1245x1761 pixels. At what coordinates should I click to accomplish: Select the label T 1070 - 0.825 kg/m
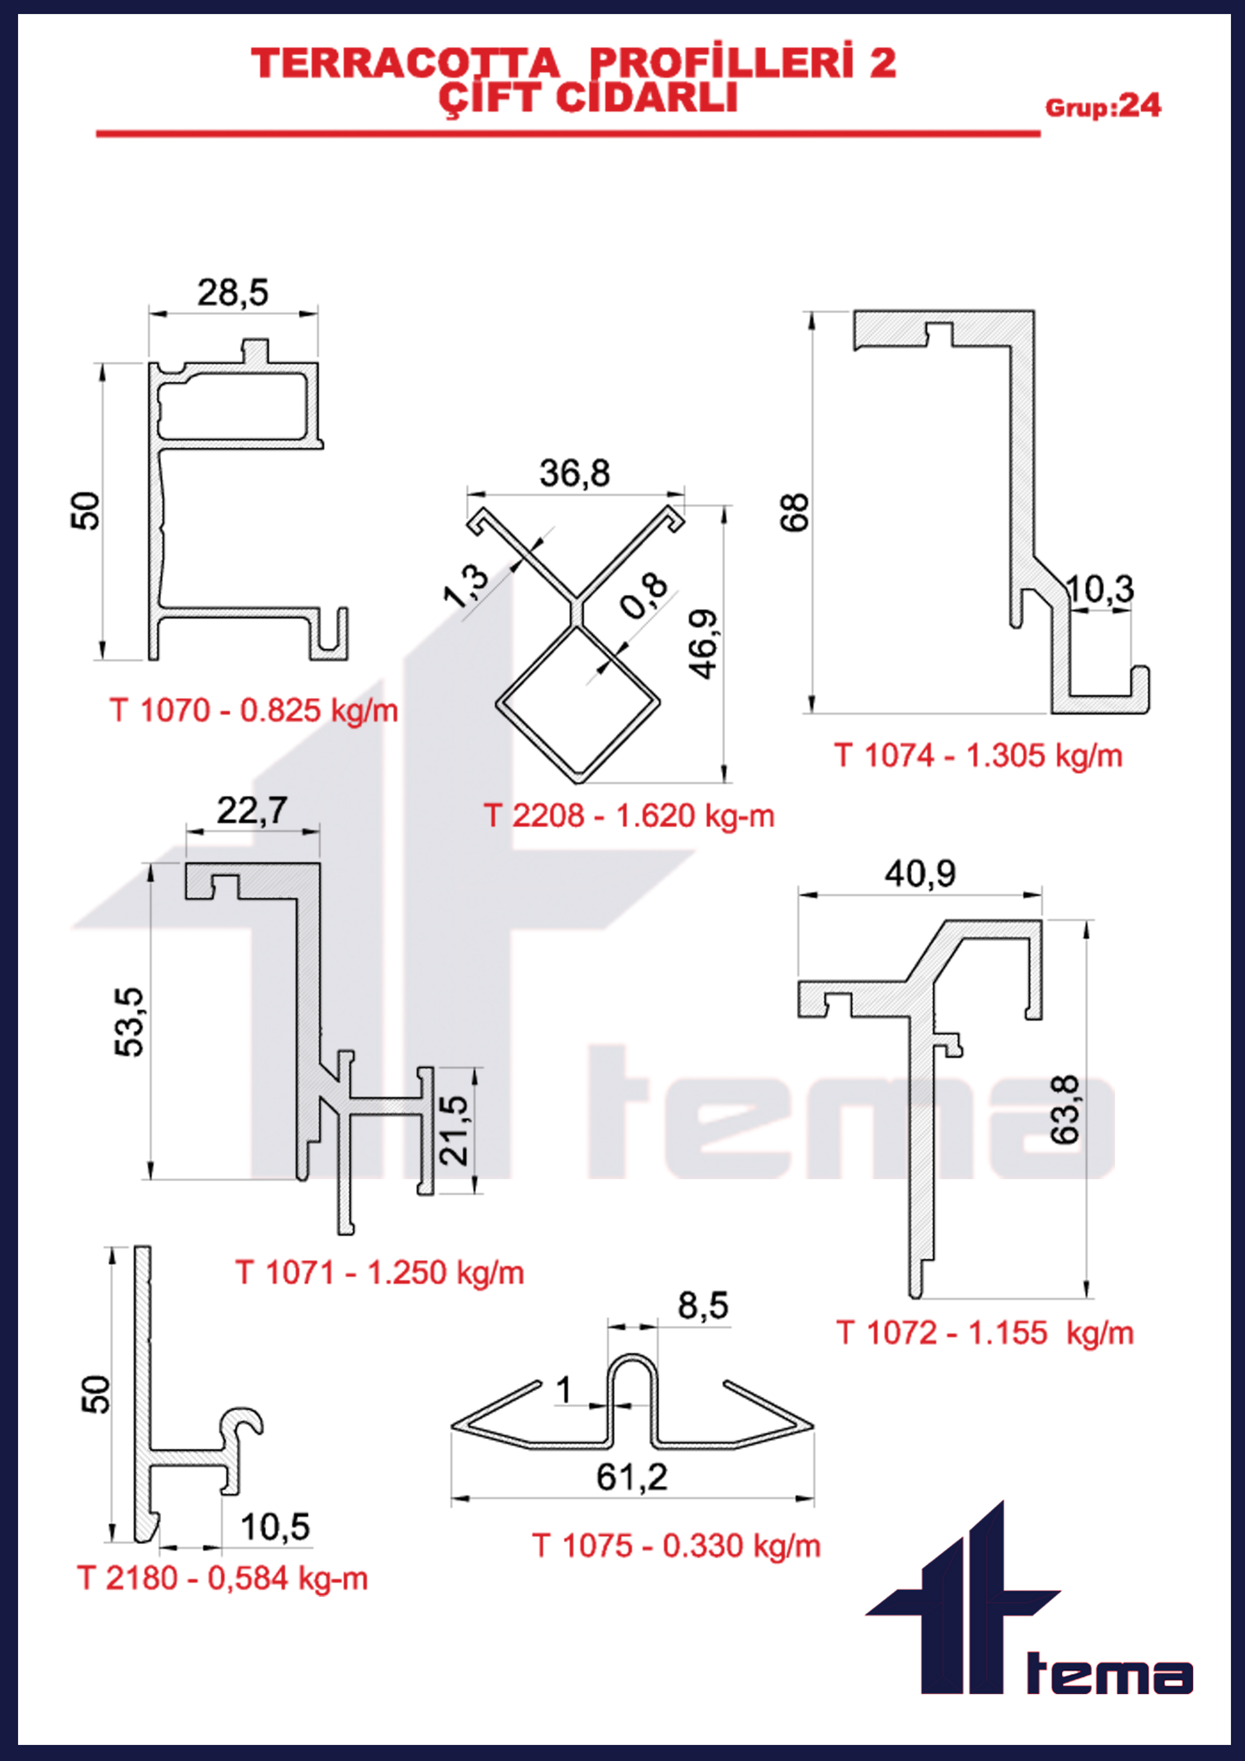[254, 710]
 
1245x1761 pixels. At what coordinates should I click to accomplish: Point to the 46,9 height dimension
[703, 644]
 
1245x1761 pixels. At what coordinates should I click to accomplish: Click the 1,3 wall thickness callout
[466, 586]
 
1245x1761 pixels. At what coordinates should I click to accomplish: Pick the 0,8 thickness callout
[645, 596]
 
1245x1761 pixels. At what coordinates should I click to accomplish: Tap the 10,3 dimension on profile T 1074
[1099, 589]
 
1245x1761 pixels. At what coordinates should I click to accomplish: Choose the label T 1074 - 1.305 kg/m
[978, 756]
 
